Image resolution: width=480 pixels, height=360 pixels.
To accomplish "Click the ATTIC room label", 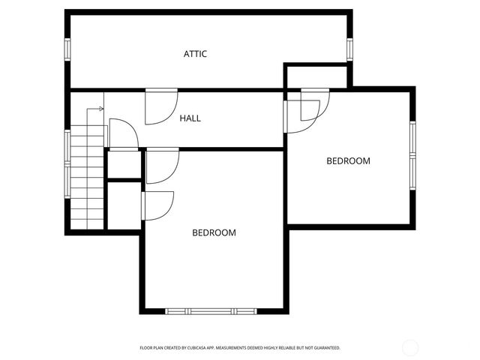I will (x=195, y=54).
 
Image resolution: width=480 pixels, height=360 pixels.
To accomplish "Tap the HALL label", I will (x=190, y=118).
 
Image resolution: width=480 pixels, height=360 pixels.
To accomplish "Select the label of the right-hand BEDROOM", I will (x=348, y=160).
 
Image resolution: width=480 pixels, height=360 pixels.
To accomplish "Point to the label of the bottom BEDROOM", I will (x=214, y=232).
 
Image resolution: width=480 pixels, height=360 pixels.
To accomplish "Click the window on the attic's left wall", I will (x=67, y=49).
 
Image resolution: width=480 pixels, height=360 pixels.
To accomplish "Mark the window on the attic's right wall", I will (x=349, y=49).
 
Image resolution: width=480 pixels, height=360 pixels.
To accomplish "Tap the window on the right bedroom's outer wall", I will (x=412, y=154).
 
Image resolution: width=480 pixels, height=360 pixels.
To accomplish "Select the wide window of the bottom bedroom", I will (x=211, y=310).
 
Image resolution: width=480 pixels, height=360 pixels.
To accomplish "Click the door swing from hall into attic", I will (x=160, y=106).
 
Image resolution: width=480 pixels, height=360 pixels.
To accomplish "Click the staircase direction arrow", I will (x=94, y=109).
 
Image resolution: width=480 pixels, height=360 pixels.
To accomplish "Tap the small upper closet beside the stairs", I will (x=124, y=165).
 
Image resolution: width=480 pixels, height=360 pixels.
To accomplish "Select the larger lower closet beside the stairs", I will (x=124, y=205).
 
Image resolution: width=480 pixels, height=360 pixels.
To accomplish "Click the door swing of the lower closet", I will (x=157, y=205).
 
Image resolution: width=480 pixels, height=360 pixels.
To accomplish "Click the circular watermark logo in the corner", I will (x=410, y=347).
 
